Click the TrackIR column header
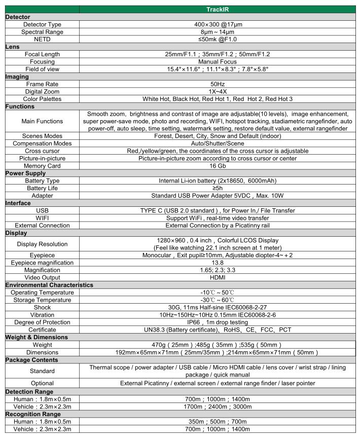(x=218, y=9)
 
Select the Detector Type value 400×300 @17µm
(x=218, y=24)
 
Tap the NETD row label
(x=43, y=39)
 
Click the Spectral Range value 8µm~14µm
(x=218, y=31)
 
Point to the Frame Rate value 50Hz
(x=218, y=84)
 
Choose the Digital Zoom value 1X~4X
(x=218, y=92)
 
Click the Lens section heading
(x=12, y=46)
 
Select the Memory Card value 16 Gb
(x=218, y=166)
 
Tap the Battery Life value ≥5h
(x=218, y=188)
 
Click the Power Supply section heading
(x=25, y=173)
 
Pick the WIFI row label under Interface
(x=43, y=218)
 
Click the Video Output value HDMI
(x=218, y=278)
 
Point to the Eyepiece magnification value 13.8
(x=218, y=263)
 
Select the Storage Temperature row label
(x=43, y=300)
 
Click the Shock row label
(x=43, y=308)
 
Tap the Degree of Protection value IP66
(x=218, y=322)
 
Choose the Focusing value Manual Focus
(x=218, y=61)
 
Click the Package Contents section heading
(x=31, y=360)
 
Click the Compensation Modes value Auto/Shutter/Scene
(x=218, y=143)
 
